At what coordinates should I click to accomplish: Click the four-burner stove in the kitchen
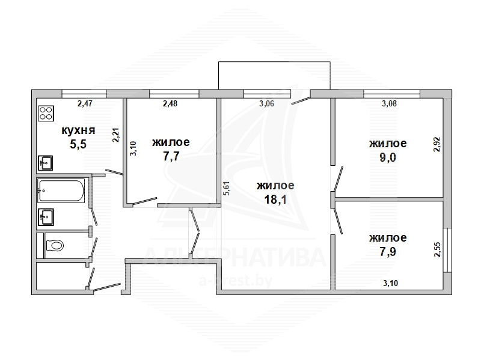point(46,113)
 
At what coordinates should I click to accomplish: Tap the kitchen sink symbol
point(45,163)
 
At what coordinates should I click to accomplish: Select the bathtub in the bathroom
point(61,191)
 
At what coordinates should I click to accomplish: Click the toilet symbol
point(55,245)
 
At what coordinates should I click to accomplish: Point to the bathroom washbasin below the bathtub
point(46,217)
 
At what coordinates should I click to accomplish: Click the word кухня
point(79,130)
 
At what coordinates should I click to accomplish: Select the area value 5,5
point(78,144)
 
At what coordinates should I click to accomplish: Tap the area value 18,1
point(275,200)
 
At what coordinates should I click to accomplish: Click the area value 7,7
point(171,156)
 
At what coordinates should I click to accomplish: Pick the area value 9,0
point(388,157)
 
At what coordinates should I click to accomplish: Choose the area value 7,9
point(388,252)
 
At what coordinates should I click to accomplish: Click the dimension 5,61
point(227,188)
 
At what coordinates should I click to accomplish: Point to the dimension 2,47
point(85,103)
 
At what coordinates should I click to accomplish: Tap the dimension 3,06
point(266,103)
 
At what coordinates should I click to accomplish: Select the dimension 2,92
point(437,144)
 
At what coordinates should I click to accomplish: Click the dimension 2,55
point(438,249)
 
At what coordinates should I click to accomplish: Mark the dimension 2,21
point(116,135)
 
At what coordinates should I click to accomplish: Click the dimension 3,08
point(389,103)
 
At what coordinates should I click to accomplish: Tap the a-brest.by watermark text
point(236,281)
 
